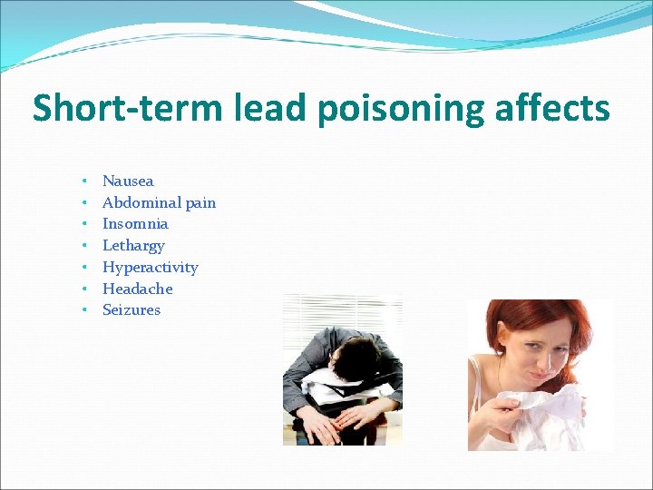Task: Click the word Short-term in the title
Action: [127, 109]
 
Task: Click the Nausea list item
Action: [128, 181]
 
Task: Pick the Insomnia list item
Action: [135, 223]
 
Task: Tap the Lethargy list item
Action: [133, 246]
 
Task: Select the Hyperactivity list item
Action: [150, 268]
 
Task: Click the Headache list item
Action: [137, 289]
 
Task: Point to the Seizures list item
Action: [132, 309]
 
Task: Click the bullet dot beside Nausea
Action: [83, 181]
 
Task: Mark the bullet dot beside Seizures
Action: [83, 310]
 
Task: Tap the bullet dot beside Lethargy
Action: [83, 246]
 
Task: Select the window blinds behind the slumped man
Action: [304, 318]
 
